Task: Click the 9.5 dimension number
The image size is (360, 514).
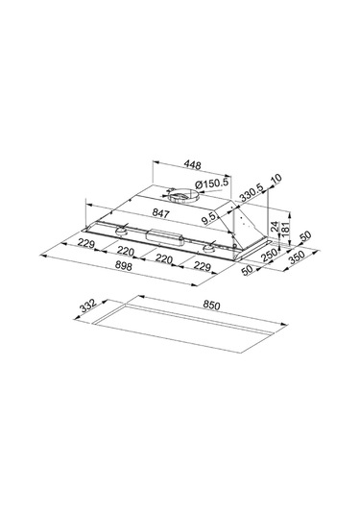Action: click(209, 218)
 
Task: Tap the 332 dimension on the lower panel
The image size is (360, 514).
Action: click(88, 306)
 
